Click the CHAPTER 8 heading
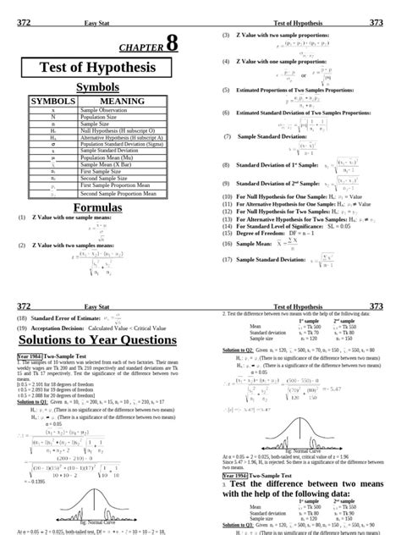tap(149, 47)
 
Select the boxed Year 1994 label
tap(239, 476)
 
